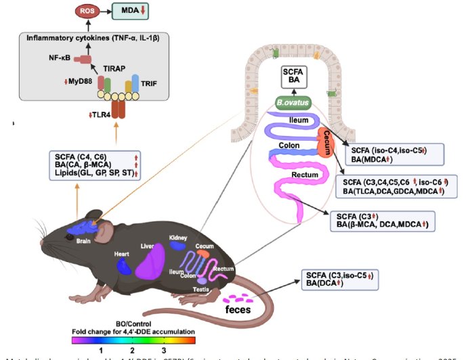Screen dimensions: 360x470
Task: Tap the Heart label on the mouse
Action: click(x=122, y=254)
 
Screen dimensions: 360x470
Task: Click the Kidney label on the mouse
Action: click(x=178, y=238)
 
